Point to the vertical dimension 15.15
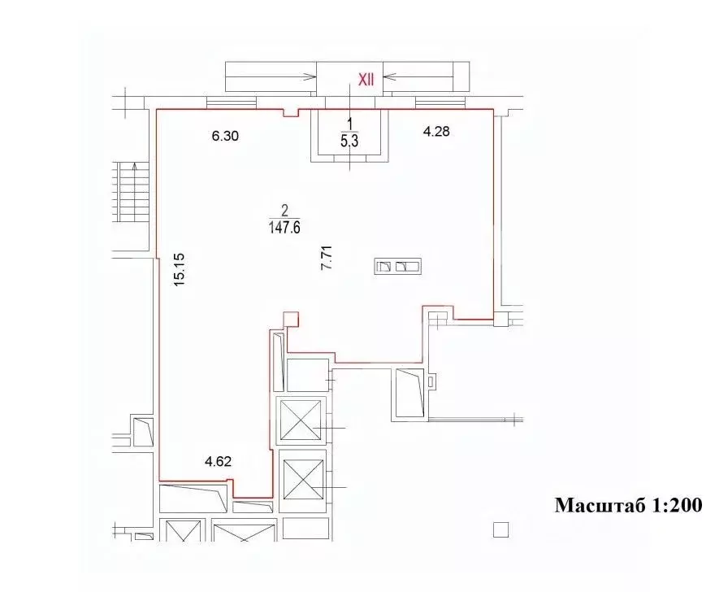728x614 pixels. (x=180, y=268)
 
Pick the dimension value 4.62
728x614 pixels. (x=219, y=461)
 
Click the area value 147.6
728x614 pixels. (x=284, y=229)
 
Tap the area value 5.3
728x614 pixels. (x=350, y=140)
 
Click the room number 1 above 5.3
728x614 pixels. (x=350, y=124)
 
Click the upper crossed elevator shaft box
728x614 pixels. (x=301, y=420)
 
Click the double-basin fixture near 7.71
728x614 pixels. (x=397, y=266)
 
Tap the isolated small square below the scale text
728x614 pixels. (x=500, y=530)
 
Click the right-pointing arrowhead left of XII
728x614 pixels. (x=311, y=77)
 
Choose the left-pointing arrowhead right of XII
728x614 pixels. (x=388, y=77)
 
